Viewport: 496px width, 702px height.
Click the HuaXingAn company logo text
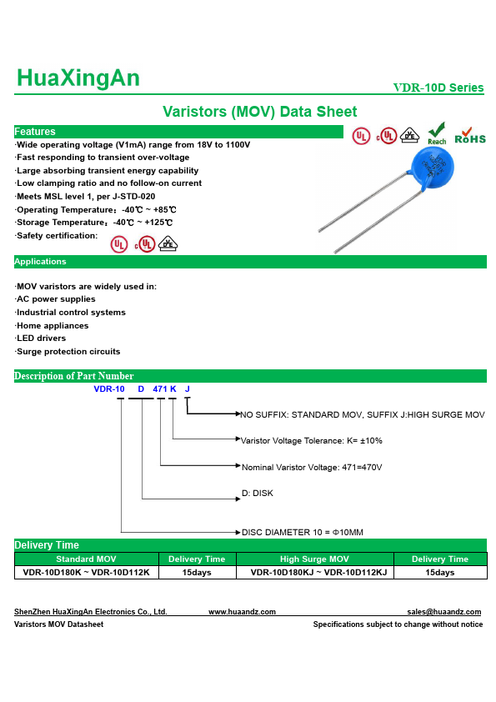[x=78, y=78]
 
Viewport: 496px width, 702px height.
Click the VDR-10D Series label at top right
[x=438, y=88]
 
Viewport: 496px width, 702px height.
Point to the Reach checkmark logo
[x=437, y=133]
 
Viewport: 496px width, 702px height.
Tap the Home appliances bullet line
[x=53, y=325]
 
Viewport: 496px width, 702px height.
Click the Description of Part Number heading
[x=74, y=376]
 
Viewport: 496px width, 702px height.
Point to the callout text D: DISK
[x=257, y=493]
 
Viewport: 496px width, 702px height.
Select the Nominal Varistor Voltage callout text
[x=311, y=467]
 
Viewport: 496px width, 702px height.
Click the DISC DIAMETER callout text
[x=302, y=532]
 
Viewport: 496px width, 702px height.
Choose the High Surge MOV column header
[x=314, y=559]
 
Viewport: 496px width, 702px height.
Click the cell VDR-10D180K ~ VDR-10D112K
[x=86, y=573]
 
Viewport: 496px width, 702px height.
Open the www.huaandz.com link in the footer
[x=242, y=612]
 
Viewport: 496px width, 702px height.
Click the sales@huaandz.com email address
[x=444, y=612]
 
